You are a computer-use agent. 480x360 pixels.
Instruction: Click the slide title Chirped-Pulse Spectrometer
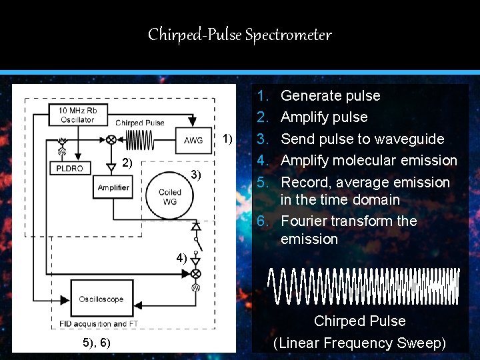pyautogui.click(x=240, y=35)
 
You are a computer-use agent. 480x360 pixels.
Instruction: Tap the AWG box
pyautogui.click(x=193, y=140)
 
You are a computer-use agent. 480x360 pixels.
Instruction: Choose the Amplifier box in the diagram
pyautogui.click(x=113, y=187)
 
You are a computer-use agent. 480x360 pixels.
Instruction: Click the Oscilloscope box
pyautogui.click(x=101, y=299)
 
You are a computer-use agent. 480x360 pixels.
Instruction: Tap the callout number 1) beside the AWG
pyautogui.click(x=228, y=139)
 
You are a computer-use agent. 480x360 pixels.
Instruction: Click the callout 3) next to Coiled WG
pyautogui.click(x=195, y=175)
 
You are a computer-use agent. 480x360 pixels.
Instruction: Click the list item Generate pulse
pyautogui.click(x=330, y=95)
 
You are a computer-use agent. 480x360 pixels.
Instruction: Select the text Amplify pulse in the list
pyautogui.click(x=324, y=117)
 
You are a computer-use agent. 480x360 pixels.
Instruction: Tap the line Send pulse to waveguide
pyautogui.click(x=362, y=139)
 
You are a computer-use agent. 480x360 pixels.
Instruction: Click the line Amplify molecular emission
pyautogui.click(x=369, y=160)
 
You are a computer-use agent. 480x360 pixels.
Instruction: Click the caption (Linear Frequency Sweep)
pyautogui.click(x=360, y=343)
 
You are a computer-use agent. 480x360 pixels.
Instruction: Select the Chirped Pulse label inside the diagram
pyautogui.click(x=140, y=123)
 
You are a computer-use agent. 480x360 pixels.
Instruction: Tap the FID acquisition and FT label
pyautogui.click(x=98, y=324)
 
